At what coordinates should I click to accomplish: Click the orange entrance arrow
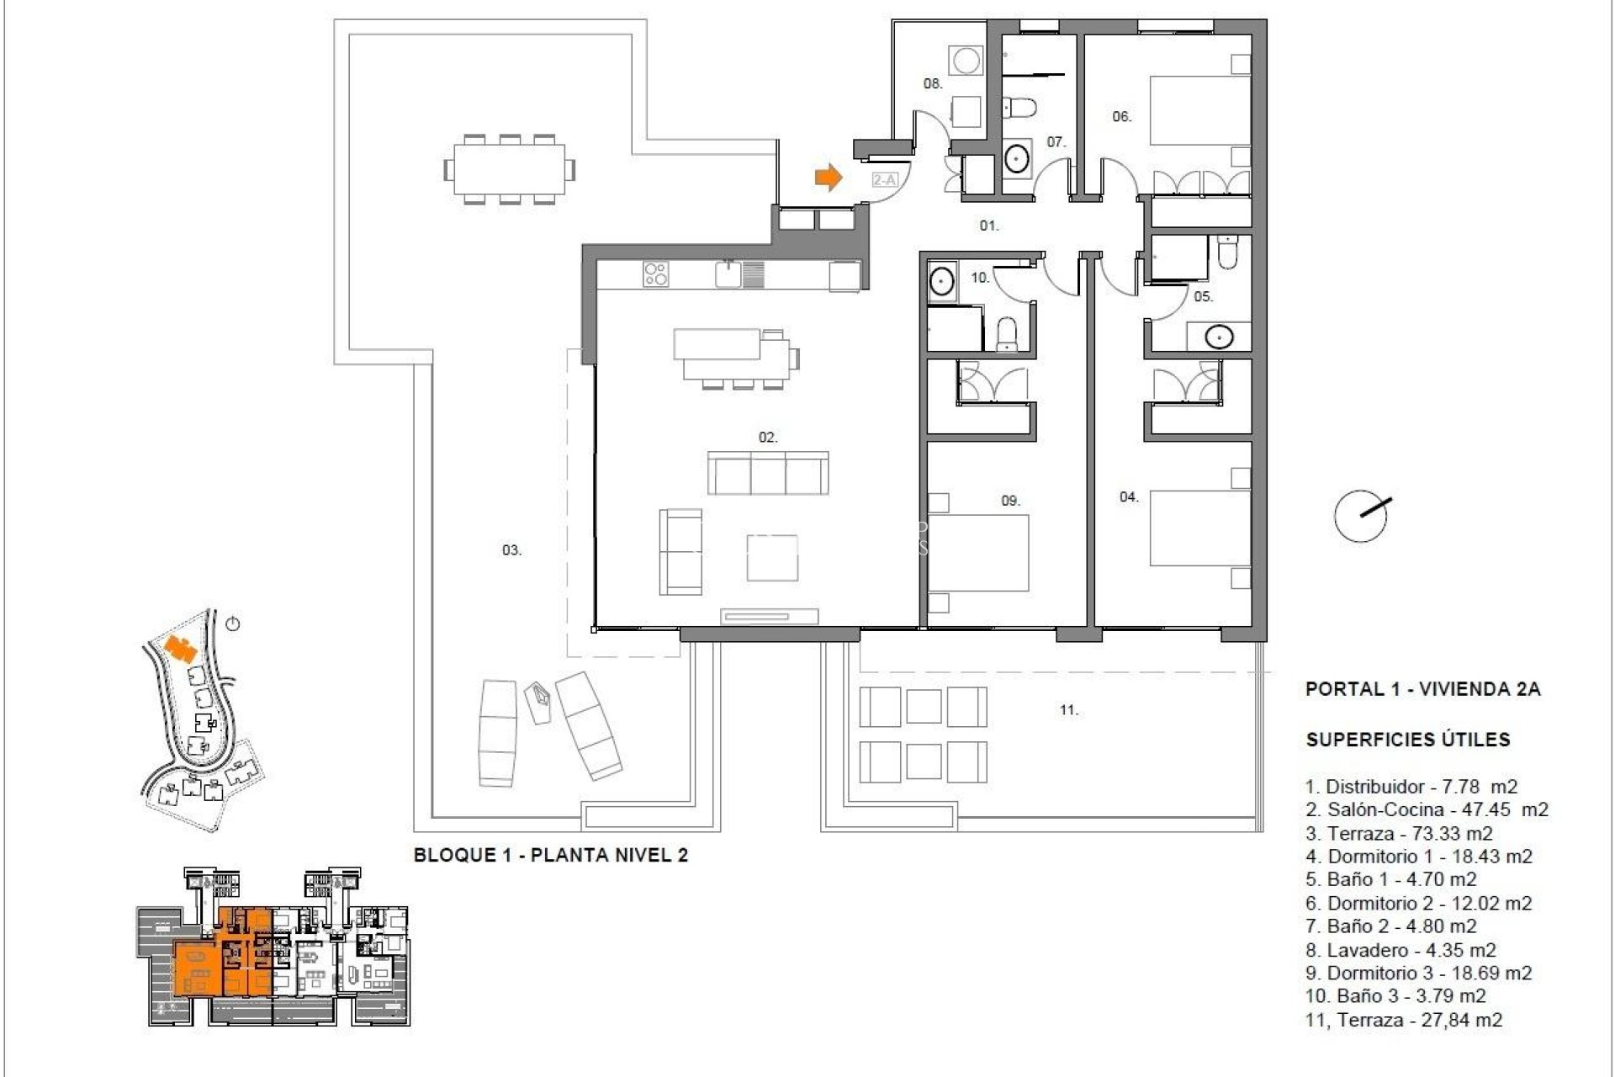(x=829, y=177)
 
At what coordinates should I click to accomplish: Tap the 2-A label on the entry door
(x=884, y=180)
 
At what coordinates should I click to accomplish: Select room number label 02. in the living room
(x=767, y=438)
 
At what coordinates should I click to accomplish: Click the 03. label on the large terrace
(x=511, y=550)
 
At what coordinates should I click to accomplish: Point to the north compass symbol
(x=1361, y=515)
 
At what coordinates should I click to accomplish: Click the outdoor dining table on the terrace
(x=510, y=170)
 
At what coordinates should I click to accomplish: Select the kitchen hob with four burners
(x=656, y=274)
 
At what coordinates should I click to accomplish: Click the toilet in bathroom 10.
(x=1007, y=335)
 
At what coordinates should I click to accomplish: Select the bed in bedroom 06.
(x=1199, y=117)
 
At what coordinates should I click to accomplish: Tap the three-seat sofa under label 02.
(x=767, y=473)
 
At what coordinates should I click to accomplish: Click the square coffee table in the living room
(x=772, y=558)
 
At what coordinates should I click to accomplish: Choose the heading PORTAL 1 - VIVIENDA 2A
(x=1422, y=689)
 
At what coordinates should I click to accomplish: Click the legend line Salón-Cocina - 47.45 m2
(x=1427, y=809)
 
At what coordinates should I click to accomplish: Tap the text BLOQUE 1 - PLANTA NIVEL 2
(x=551, y=856)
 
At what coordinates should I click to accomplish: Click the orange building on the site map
(x=180, y=649)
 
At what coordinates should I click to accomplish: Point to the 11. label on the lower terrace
(x=1068, y=711)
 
